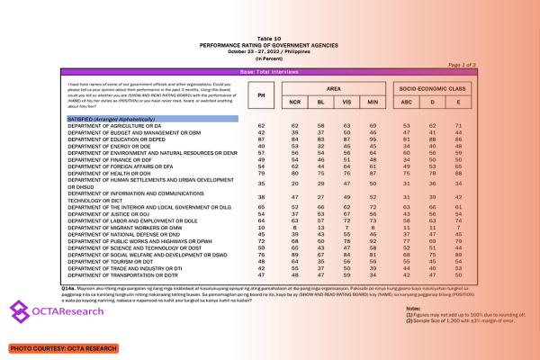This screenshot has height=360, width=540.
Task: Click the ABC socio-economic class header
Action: (408, 104)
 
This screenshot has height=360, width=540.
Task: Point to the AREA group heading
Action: (333, 90)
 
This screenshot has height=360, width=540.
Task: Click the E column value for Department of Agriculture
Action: (459, 126)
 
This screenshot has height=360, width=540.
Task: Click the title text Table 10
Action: (269, 14)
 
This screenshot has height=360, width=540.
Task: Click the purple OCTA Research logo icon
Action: (22, 312)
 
